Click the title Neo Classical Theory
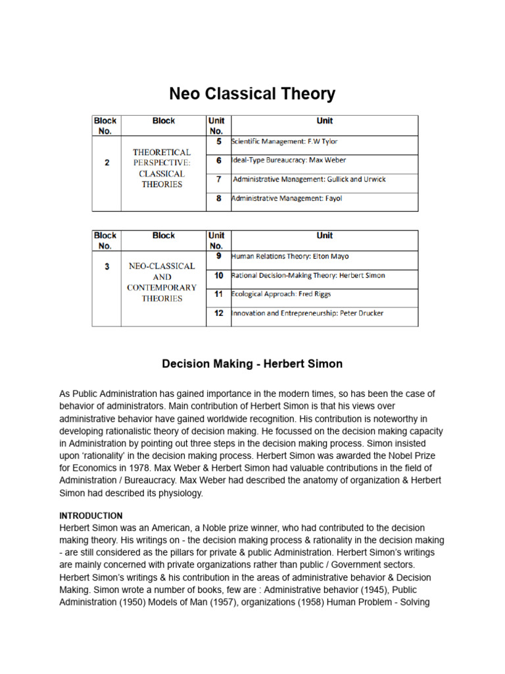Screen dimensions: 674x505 point(252,93)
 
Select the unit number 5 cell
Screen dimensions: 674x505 point(218,141)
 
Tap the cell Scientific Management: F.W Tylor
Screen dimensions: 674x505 point(285,142)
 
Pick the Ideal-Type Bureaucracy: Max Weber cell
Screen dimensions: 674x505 point(289,160)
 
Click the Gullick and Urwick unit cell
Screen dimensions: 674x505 point(310,179)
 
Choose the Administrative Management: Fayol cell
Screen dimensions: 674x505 point(287,198)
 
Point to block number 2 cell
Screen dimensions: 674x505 point(107,163)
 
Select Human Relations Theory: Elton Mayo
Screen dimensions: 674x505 point(289,256)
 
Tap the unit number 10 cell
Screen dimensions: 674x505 point(218,275)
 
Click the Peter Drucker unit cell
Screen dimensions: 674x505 point(307,313)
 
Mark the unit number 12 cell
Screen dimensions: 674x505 point(218,313)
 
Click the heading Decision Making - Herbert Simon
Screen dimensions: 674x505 point(252,363)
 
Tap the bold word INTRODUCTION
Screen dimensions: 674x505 point(91,515)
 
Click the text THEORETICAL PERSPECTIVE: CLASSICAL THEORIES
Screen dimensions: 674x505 point(162,168)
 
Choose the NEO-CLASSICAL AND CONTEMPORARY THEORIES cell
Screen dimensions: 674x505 point(162,282)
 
